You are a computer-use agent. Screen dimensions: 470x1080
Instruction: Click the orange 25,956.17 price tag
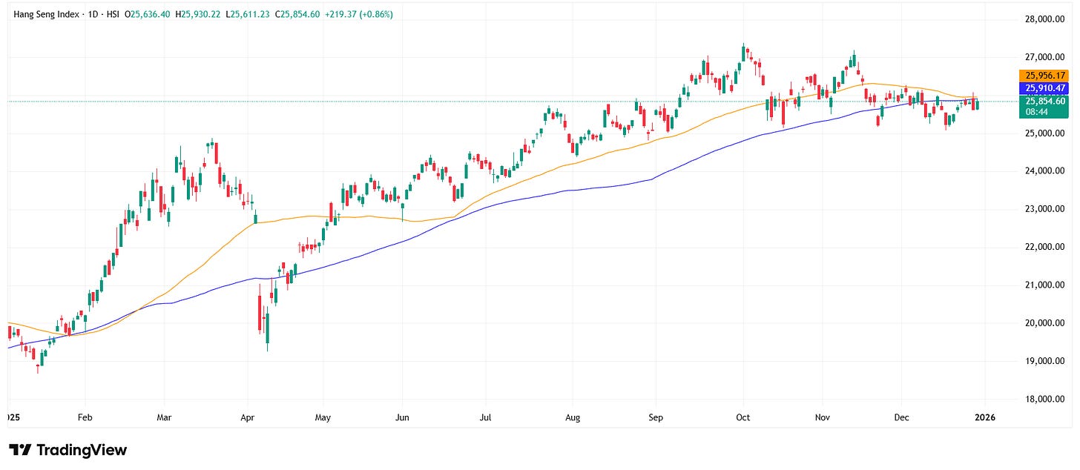click(1044, 76)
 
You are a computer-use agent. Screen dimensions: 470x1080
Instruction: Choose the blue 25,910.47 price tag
click(1044, 88)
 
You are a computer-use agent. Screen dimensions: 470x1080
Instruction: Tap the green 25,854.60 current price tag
click(1044, 101)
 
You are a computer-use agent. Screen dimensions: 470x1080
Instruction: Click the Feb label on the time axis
click(85, 417)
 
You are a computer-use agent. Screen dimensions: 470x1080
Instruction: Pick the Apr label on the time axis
click(248, 417)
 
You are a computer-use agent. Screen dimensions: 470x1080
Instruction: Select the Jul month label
click(485, 417)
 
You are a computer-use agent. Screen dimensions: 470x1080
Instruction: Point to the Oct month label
click(743, 417)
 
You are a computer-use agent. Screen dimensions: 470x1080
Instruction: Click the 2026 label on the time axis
click(984, 417)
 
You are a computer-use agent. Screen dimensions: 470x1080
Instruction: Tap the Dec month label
click(902, 417)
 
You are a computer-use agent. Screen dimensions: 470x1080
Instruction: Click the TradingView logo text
click(68, 450)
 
